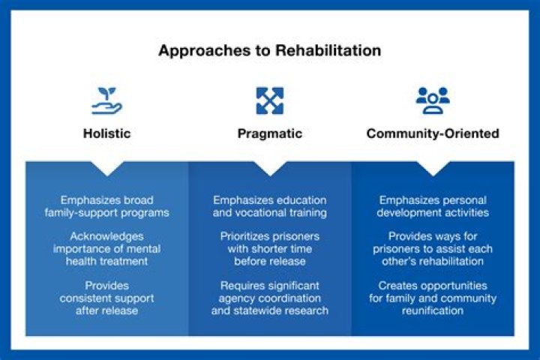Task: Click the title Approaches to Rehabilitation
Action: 269,51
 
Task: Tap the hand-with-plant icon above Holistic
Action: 106,100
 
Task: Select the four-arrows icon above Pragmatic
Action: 269,100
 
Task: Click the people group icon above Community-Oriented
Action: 432,100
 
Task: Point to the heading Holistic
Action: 106,133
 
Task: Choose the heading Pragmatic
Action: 269,133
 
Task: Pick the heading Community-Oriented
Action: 432,133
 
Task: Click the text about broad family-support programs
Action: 106,206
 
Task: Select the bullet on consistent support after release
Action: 106,298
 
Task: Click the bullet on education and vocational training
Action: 269,206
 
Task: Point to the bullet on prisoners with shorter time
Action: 269,249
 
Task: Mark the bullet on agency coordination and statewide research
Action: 269,298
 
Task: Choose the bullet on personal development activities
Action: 433,206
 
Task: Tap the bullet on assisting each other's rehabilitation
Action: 433,249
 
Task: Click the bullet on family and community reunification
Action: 433,298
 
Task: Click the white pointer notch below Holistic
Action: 106,167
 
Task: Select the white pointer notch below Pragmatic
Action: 269,167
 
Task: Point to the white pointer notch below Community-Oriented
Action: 433,167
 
